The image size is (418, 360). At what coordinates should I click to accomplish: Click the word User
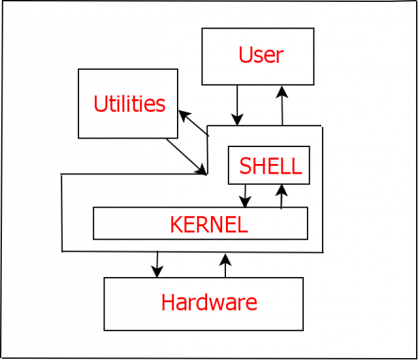click(261, 56)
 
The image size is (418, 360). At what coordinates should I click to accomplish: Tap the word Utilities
click(129, 105)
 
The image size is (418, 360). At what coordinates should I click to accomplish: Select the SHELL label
click(270, 167)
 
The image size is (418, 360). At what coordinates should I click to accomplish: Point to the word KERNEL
click(208, 225)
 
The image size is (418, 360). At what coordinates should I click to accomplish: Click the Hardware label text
click(209, 303)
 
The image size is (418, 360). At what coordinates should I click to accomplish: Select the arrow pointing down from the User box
click(237, 105)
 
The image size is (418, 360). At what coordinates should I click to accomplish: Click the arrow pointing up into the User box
click(282, 105)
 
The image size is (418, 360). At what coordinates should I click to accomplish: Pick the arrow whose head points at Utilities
click(193, 123)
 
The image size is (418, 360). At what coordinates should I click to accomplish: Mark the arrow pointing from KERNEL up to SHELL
click(281, 196)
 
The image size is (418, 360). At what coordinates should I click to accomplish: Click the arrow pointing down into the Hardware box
click(157, 265)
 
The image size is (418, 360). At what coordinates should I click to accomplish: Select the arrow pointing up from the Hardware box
click(225, 266)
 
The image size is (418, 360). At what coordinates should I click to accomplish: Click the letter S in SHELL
click(246, 167)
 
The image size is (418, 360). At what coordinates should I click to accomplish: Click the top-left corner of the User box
click(202, 29)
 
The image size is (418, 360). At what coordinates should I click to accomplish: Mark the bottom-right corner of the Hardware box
click(303, 330)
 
